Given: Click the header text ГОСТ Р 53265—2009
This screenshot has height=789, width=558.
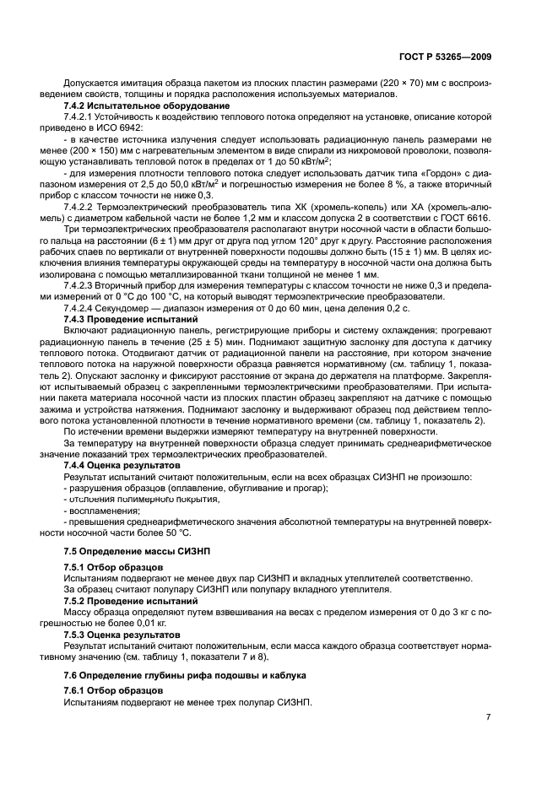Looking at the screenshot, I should pyautogui.click(x=447, y=58).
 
